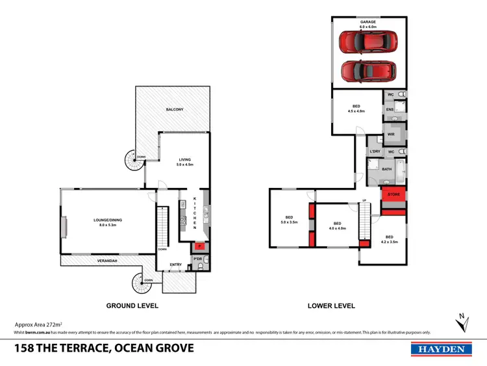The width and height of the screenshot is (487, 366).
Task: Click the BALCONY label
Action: point(173,109)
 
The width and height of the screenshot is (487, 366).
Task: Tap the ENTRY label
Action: point(175,265)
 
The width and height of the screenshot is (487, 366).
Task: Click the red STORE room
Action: point(393,194)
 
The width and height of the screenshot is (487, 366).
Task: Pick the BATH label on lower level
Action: point(386,169)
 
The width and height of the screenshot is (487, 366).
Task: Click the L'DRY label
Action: point(374,151)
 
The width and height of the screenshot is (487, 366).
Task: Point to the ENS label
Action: point(390,110)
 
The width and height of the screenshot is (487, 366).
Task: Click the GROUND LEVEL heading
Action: point(132,305)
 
